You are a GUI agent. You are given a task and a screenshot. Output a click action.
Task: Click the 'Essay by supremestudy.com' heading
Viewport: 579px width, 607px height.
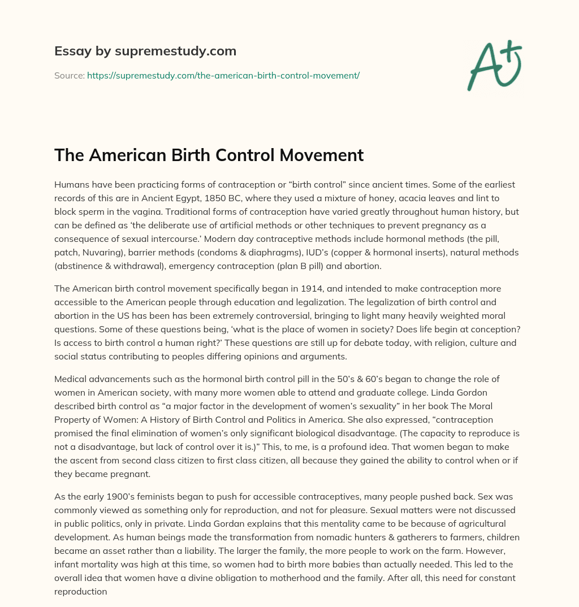click(x=145, y=51)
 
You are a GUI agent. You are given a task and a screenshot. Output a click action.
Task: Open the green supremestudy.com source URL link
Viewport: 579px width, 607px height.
click(x=223, y=75)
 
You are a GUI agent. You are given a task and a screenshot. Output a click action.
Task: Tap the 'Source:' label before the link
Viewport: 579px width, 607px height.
click(x=69, y=75)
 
